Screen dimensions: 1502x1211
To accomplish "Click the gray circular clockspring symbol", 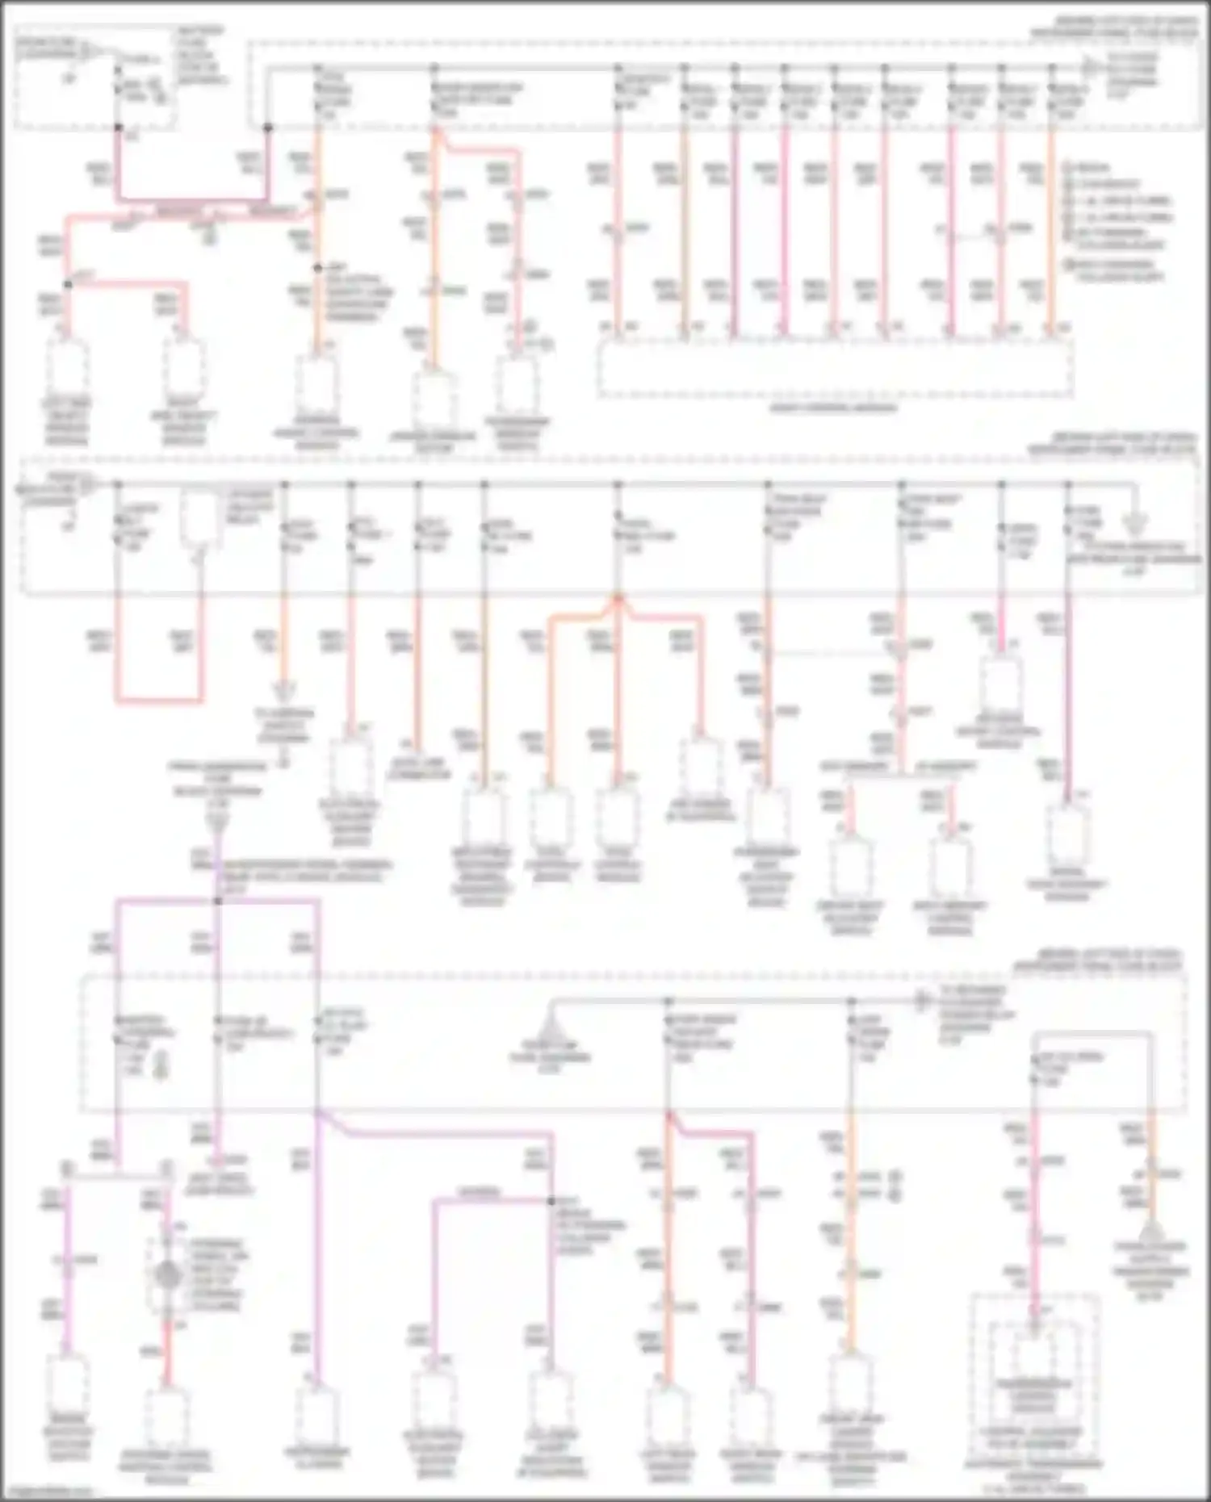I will (x=167, y=1276).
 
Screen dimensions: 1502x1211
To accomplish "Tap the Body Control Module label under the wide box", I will (x=833, y=408).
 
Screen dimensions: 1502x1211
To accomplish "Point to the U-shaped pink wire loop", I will (x=158, y=699).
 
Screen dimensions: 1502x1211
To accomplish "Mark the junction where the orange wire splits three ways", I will (x=618, y=598).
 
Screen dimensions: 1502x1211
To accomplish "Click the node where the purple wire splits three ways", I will (x=217, y=901).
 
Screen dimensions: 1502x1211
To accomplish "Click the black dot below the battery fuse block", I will (x=119, y=128).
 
